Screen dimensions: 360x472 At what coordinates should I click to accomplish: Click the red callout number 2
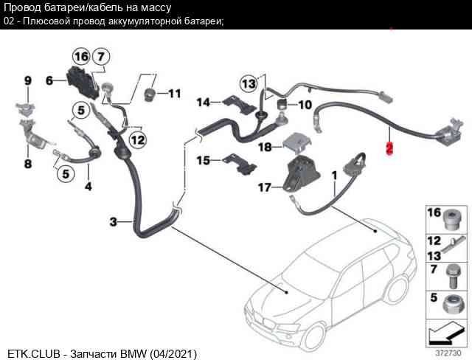(390, 148)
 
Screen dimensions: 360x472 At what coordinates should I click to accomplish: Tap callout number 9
(28, 80)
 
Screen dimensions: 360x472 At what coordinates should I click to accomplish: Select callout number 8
(27, 164)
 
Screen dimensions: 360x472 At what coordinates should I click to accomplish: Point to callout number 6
(49, 80)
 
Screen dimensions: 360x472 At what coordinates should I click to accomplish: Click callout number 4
(88, 187)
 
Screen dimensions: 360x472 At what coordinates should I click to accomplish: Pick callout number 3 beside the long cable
(113, 221)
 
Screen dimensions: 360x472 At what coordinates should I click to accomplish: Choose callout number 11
(173, 94)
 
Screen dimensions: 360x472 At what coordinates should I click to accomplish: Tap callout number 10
(305, 104)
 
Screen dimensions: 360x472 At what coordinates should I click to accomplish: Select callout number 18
(265, 147)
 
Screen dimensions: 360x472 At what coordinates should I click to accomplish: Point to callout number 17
(264, 188)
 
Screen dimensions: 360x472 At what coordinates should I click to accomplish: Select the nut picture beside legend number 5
(451, 302)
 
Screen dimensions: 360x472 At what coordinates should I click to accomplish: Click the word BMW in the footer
(134, 354)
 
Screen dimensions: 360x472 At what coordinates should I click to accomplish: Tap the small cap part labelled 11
(150, 94)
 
